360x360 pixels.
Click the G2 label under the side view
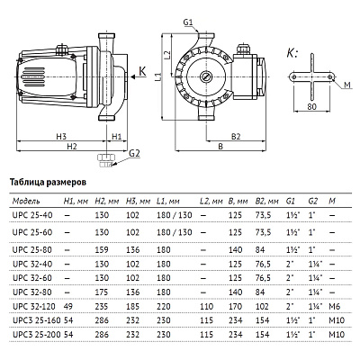coord(134,154)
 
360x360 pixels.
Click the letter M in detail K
coord(348,85)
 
